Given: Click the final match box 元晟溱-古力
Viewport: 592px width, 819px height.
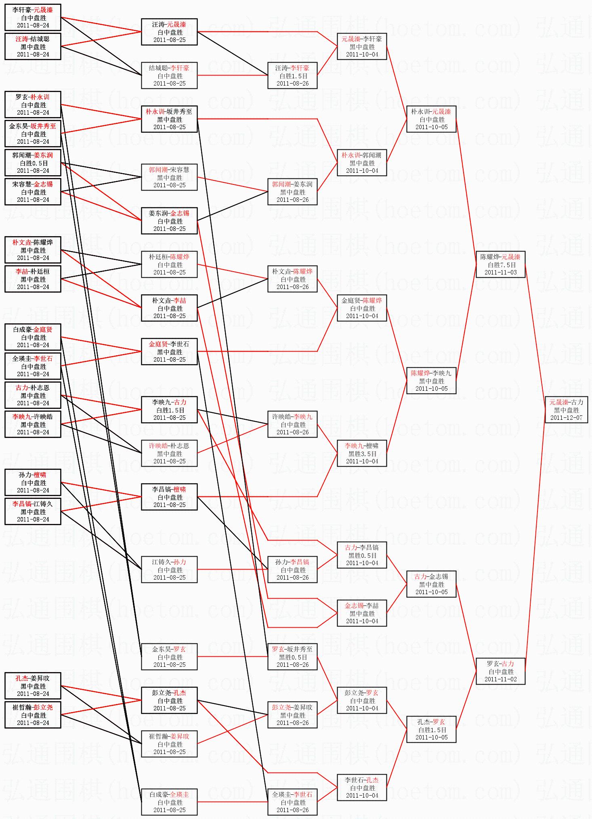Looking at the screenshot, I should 566,410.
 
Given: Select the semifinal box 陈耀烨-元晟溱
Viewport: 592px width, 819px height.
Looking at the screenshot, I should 501,264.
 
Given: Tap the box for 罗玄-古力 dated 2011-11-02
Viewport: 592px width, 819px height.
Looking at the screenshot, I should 501,671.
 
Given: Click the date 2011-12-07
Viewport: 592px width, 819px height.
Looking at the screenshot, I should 566,418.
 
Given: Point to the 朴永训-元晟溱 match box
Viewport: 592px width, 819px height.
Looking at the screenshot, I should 431,119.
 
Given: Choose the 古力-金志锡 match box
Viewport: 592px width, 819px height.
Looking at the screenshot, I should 431,584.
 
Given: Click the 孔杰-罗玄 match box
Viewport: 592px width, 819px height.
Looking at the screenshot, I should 431,729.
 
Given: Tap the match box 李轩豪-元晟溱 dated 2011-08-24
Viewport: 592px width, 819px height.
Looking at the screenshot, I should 33,17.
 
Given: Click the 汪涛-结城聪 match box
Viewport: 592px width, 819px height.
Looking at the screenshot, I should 33,46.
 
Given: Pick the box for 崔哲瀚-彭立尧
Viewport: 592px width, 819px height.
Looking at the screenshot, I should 33,715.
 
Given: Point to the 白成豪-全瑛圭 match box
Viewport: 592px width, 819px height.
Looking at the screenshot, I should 169,802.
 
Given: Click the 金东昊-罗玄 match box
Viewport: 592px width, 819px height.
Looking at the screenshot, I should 169,657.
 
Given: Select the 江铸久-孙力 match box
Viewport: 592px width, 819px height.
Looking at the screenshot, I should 169,570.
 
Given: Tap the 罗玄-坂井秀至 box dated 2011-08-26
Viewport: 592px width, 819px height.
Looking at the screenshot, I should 292,657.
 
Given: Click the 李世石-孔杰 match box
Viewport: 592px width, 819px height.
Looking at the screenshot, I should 362,788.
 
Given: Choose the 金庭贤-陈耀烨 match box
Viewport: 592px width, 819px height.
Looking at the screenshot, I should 362,308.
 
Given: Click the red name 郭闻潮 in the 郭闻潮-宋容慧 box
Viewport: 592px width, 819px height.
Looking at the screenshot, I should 158,170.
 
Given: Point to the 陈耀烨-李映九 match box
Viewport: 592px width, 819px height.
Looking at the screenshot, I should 431,381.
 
